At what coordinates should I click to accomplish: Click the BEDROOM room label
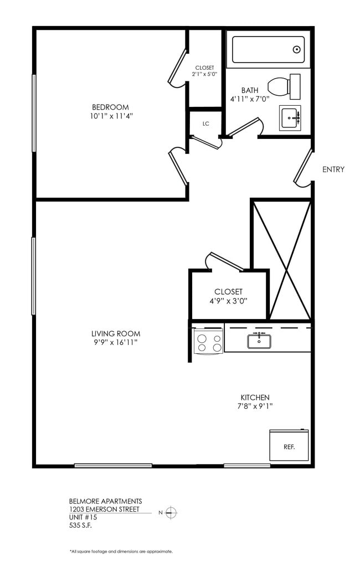(110, 107)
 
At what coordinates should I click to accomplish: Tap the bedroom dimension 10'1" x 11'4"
(110, 116)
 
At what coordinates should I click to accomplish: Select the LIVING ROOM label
(116, 333)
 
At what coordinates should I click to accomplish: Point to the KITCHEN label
(255, 398)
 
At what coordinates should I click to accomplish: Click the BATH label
(249, 90)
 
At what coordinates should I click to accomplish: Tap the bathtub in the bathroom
(268, 50)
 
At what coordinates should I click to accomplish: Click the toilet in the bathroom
(284, 86)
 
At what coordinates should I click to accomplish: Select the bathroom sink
(290, 117)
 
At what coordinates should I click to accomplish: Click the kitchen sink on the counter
(259, 341)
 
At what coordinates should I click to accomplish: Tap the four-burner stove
(208, 343)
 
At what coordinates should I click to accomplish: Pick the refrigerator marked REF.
(289, 446)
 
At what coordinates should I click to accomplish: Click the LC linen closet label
(205, 123)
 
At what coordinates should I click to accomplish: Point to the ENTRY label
(333, 169)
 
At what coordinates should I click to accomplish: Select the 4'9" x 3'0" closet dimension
(228, 301)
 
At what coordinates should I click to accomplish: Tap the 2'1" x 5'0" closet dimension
(204, 74)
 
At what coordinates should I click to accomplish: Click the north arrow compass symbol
(171, 512)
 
